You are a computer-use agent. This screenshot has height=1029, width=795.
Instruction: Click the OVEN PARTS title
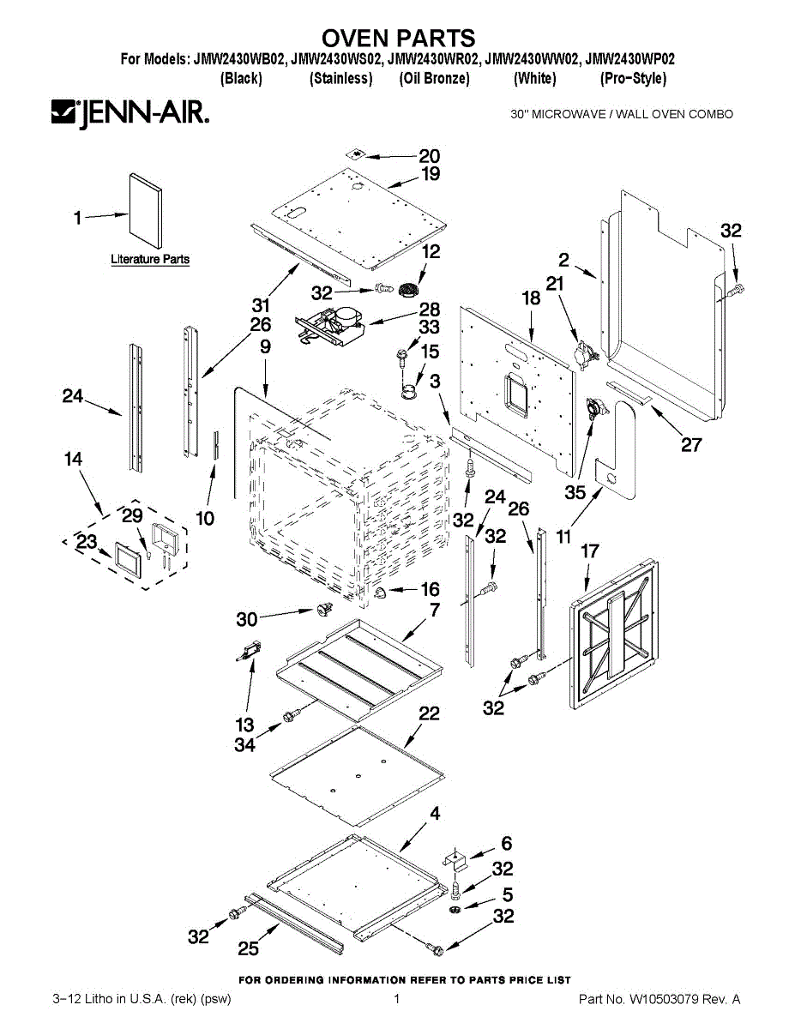[x=398, y=38]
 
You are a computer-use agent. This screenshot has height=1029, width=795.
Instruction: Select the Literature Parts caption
[x=150, y=259]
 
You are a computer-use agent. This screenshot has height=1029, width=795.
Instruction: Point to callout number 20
[x=429, y=156]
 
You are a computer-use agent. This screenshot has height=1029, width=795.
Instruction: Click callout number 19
[x=430, y=174]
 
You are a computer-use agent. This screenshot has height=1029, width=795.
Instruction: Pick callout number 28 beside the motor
[x=429, y=309]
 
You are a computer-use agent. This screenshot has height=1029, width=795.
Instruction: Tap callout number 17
[x=589, y=551]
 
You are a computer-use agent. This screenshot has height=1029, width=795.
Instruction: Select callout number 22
[x=429, y=713]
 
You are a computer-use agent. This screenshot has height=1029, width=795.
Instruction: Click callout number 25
[x=249, y=948]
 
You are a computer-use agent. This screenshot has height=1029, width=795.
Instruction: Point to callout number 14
[x=73, y=460]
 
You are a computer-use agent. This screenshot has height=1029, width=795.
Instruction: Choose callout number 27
[x=691, y=444]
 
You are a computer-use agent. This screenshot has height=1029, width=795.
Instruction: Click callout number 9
[x=265, y=346]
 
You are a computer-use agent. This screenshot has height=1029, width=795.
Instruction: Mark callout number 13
[x=244, y=725]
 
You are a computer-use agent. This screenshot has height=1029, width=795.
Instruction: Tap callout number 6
[x=506, y=843]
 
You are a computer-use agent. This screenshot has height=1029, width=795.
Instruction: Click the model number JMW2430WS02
[x=336, y=60]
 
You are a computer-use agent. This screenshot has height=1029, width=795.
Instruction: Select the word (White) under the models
[x=534, y=78]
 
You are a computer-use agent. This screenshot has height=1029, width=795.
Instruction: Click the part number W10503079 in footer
[x=666, y=999]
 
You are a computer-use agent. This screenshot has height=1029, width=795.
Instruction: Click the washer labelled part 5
[x=456, y=907]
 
